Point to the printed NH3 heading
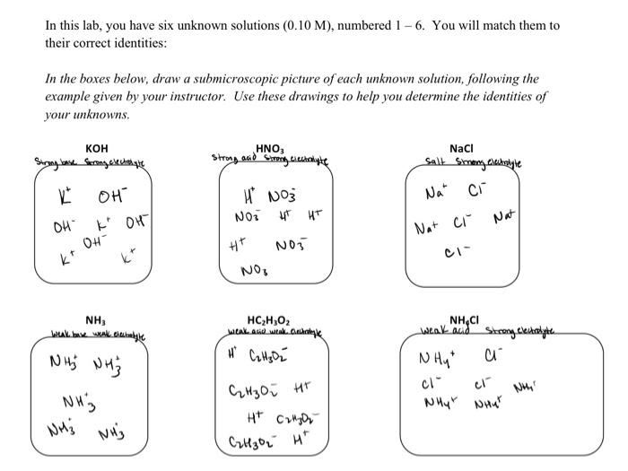tap(94, 319)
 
